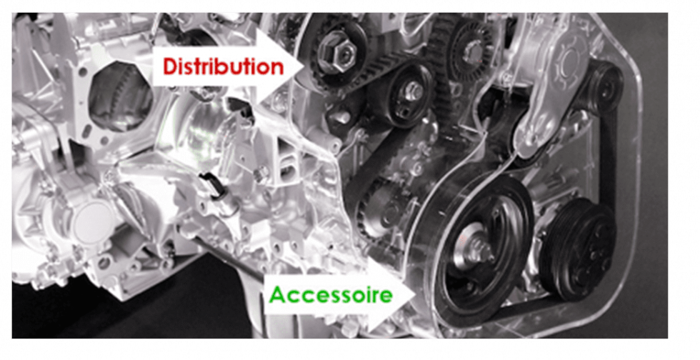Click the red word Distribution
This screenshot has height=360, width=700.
(x=223, y=66)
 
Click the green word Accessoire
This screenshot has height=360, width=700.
(x=330, y=294)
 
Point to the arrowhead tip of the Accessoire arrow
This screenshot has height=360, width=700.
(x=416, y=294)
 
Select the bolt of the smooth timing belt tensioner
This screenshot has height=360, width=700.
(x=412, y=91)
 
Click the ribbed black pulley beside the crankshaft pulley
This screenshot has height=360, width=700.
(x=579, y=246)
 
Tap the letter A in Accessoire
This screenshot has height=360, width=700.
(x=276, y=294)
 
